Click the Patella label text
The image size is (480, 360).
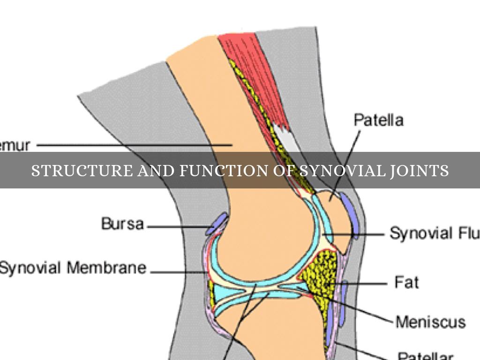coord(378,120)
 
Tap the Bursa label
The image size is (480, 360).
coord(122,224)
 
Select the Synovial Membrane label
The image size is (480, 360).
coord(73,268)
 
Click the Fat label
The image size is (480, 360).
coord(406,283)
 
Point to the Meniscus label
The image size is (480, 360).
coord(430,322)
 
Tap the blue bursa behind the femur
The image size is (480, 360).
coord(217,223)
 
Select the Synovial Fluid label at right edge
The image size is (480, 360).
coord(434,233)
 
